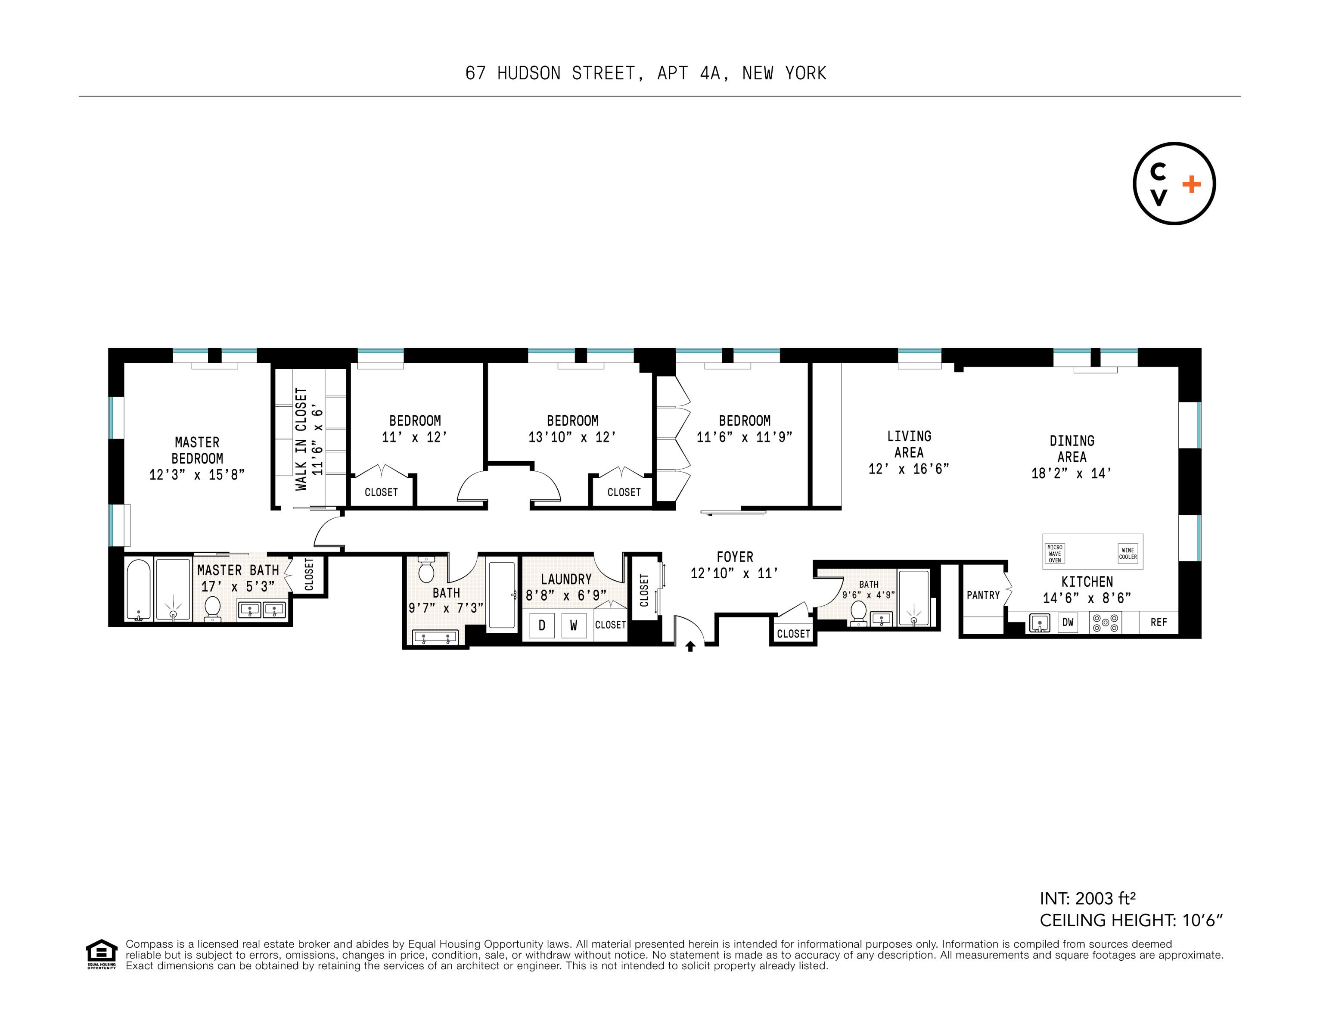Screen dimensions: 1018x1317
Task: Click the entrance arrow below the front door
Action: click(x=690, y=647)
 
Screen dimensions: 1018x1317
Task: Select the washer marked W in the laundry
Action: click(x=574, y=626)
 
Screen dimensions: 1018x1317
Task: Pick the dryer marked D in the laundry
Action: click(x=541, y=626)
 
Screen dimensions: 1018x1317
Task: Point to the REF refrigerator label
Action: click(x=1159, y=623)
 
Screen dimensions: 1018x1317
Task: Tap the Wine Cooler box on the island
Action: click(x=1128, y=553)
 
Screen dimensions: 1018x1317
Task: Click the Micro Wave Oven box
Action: click(x=1055, y=554)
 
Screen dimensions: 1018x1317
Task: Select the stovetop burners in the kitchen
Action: click(x=1106, y=623)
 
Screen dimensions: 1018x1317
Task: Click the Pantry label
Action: click(x=983, y=595)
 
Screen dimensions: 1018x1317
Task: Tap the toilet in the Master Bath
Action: click(x=212, y=608)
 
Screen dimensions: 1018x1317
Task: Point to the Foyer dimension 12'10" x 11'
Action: click(x=734, y=573)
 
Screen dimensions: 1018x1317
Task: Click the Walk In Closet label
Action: click(x=301, y=439)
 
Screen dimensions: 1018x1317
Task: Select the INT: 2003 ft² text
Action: click(x=1087, y=899)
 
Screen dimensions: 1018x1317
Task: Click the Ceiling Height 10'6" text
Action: click(x=1131, y=920)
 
